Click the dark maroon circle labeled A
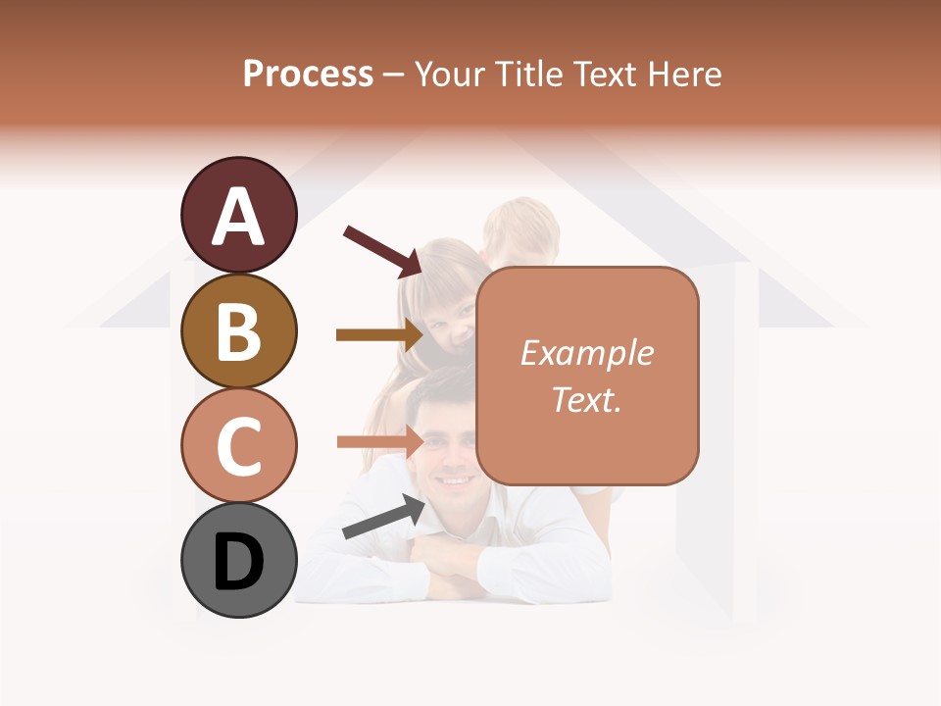click(x=238, y=215)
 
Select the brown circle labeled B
click(x=238, y=329)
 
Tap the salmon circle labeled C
click(x=238, y=445)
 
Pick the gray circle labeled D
click(x=238, y=560)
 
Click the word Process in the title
click(x=308, y=74)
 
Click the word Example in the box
click(x=586, y=353)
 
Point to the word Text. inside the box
click(x=586, y=399)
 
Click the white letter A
click(x=239, y=216)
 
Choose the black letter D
click(x=239, y=562)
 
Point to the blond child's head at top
click(x=520, y=227)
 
